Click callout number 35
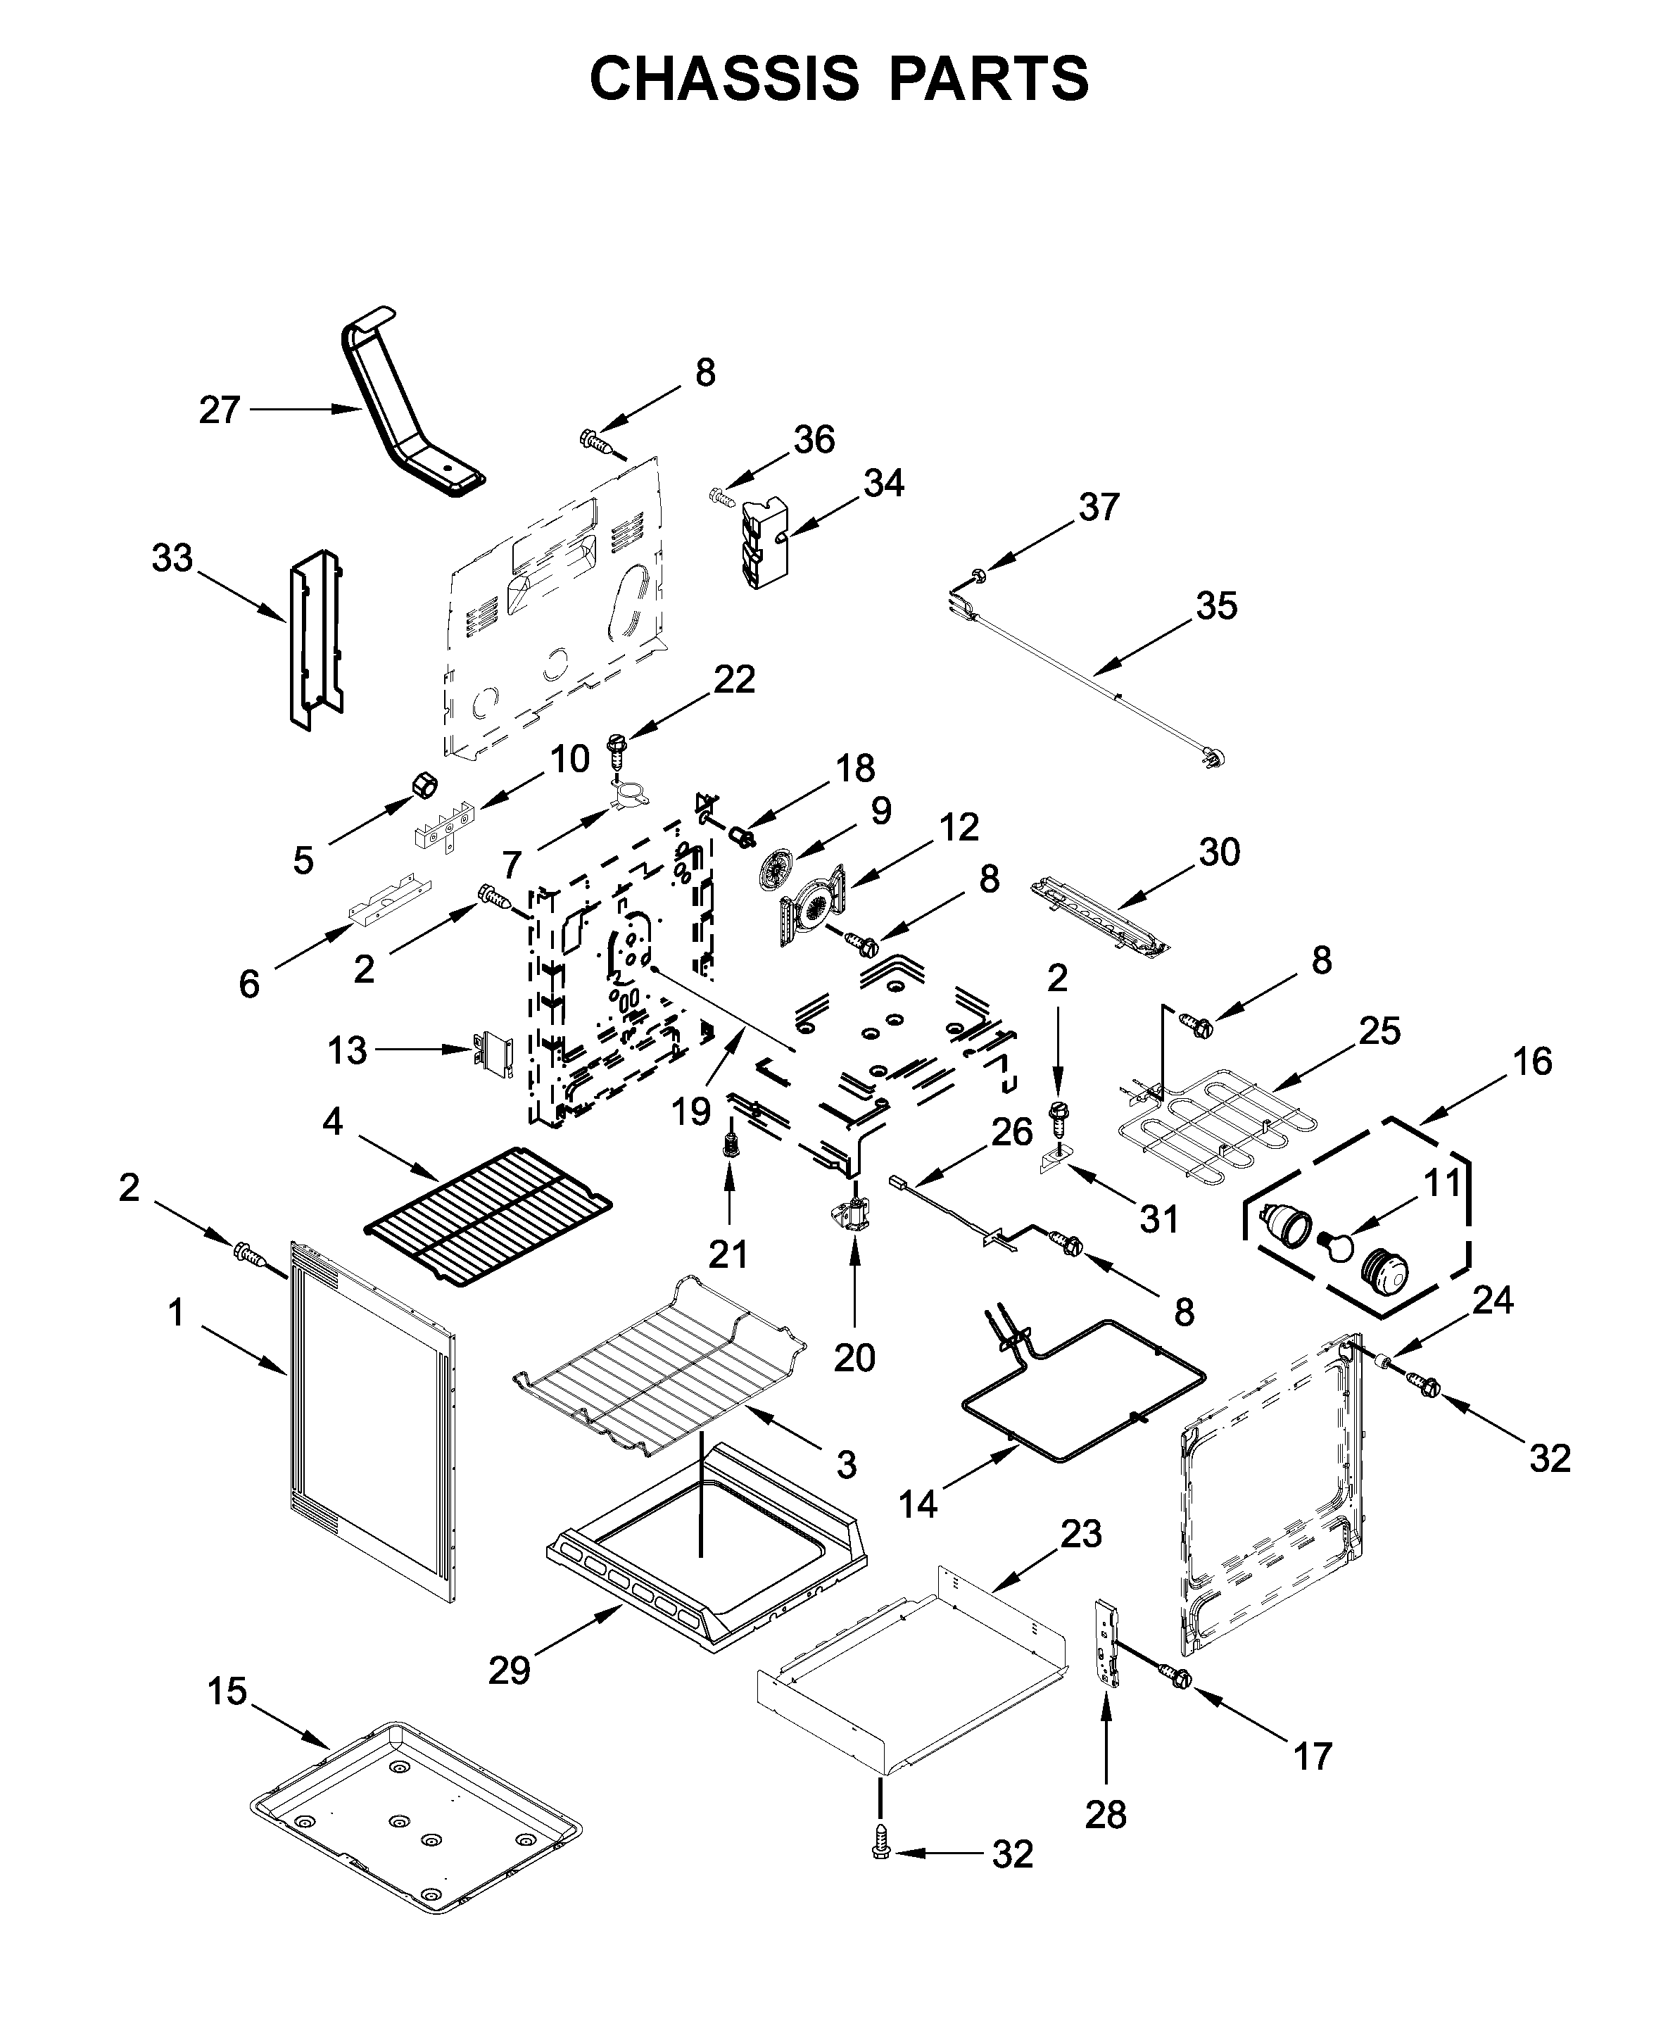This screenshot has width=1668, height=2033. (x=1216, y=606)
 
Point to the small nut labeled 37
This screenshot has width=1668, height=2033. (x=978, y=577)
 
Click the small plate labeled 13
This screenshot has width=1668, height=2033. (x=494, y=1052)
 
